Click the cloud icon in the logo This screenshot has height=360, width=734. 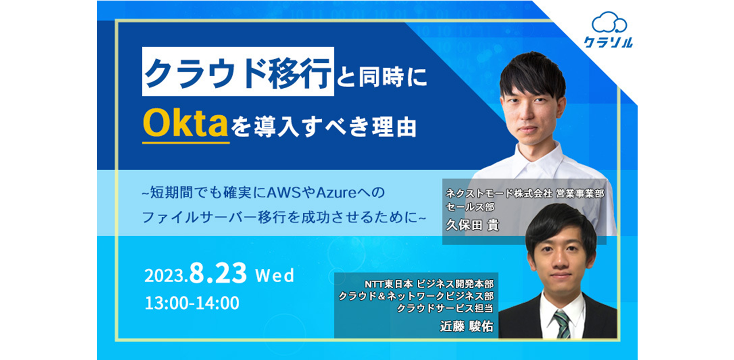[609, 23]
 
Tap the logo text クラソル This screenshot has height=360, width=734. [609, 42]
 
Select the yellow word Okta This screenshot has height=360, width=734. [186, 124]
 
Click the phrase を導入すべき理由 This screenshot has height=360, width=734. [324, 126]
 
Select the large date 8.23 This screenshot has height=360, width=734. [218, 274]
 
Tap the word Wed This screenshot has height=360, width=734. [275, 276]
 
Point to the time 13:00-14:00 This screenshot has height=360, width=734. [192, 303]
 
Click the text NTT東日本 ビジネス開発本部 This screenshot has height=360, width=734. [429, 284]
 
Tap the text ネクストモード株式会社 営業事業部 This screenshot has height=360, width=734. [525, 194]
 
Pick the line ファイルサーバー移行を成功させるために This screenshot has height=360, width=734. [288, 218]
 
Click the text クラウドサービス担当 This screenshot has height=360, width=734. [445, 308]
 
